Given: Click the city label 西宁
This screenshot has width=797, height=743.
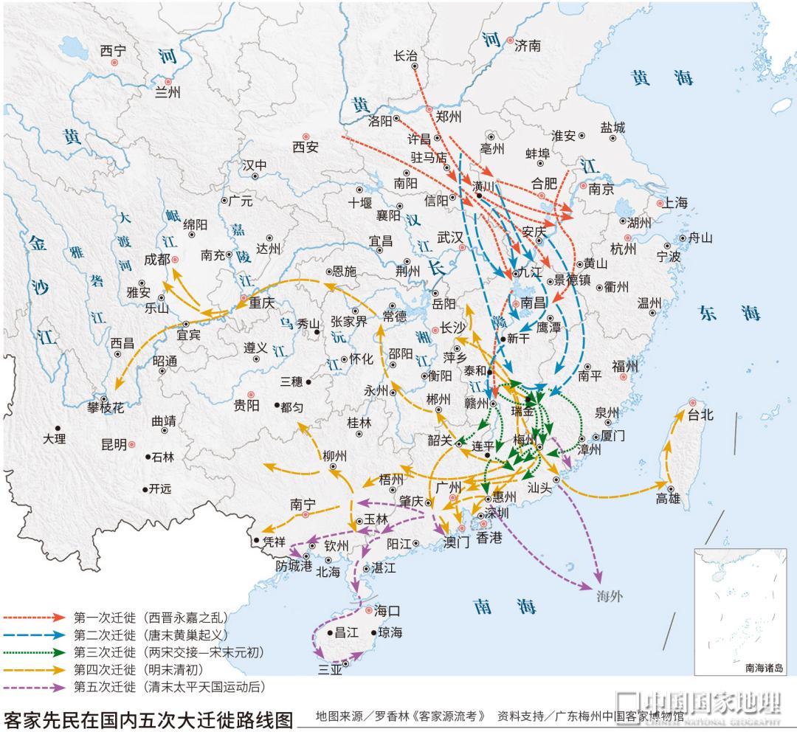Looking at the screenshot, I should point(114,50).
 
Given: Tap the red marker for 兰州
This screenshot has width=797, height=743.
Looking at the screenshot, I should point(168,82).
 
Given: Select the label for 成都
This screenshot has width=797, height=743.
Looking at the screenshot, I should point(156,259).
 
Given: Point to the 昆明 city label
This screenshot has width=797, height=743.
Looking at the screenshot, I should point(114,445).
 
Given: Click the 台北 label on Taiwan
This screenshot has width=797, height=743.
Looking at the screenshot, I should point(702,415).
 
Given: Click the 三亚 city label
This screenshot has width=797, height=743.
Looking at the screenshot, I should point(330,669).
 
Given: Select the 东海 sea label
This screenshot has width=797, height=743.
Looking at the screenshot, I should point(730,313).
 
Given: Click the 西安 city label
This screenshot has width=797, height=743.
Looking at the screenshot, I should point(305,147).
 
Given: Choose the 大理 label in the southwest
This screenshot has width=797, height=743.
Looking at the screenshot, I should point(54,438).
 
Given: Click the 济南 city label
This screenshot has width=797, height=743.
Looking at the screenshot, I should point(528,46).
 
